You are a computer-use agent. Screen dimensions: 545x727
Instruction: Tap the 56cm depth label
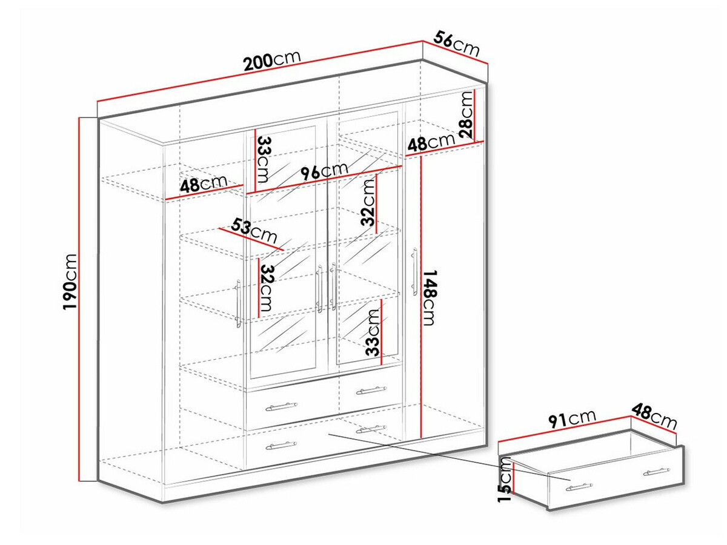[456, 44]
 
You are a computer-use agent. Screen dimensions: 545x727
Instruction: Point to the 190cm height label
[70, 281]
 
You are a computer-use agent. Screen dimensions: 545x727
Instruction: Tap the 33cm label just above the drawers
[373, 332]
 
